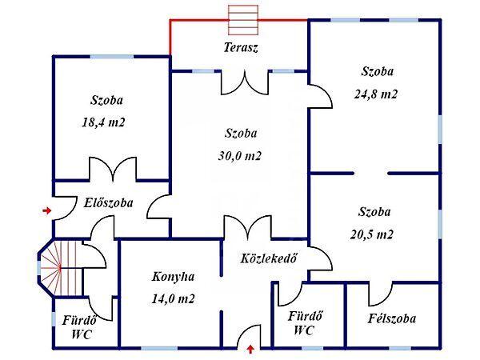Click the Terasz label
coord(241,48)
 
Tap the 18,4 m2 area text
coord(103,122)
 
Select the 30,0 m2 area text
coord(240,156)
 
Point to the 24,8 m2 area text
coord(376,94)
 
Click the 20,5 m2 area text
coord(372,234)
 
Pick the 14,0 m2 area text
coord(174,298)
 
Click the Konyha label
coord(174,277)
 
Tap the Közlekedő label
coord(269,258)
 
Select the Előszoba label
coord(109,203)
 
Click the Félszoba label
coord(391,318)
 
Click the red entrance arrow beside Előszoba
coord(47,210)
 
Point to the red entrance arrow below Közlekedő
coord(250,350)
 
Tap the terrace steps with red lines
coord(243,20)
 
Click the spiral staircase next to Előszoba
coord(61,269)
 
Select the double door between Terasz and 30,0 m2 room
coord(245,82)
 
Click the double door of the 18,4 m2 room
coord(114,170)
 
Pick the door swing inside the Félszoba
coord(381,294)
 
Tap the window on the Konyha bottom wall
coord(159,348)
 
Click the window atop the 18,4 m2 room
coord(112,57)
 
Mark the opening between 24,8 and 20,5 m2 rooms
coord(370,174)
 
